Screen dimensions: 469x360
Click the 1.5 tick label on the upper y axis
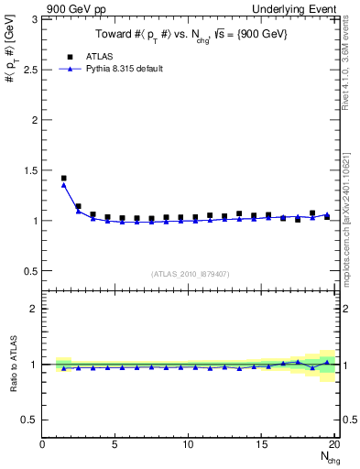pyautogui.click(x=29, y=170)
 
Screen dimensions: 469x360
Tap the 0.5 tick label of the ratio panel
pyautogui.click(x=29, y=420)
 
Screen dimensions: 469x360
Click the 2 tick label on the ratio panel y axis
pyautogui.click(x=34, y=309)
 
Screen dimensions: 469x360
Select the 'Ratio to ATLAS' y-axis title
pyautogui.click(x=12, y=366)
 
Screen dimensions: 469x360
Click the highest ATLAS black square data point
pyautogui.click(x=63, y=178)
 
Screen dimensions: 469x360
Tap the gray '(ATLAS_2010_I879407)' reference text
pyautogui.click(x=190, y=272)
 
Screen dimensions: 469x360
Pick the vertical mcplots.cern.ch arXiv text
pyautogui.click(x=353, y=215)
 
